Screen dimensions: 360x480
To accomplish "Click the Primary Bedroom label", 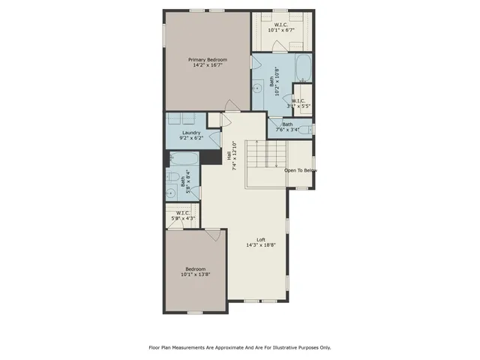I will pos(207,60).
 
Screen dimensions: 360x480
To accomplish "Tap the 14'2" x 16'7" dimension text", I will pos(207,66).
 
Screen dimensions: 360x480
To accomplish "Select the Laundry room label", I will pos(190,133).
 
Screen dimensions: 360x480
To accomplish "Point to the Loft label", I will pos(261,240).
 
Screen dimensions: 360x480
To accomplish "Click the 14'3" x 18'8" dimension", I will pos(261,245).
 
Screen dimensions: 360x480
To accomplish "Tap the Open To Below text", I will pos(300,170).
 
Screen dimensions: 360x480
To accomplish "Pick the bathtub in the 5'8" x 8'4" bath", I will pos(184,159).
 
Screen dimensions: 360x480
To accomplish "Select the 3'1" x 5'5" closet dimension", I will pos(301,106).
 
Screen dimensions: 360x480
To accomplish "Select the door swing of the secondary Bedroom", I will pos(214,235).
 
